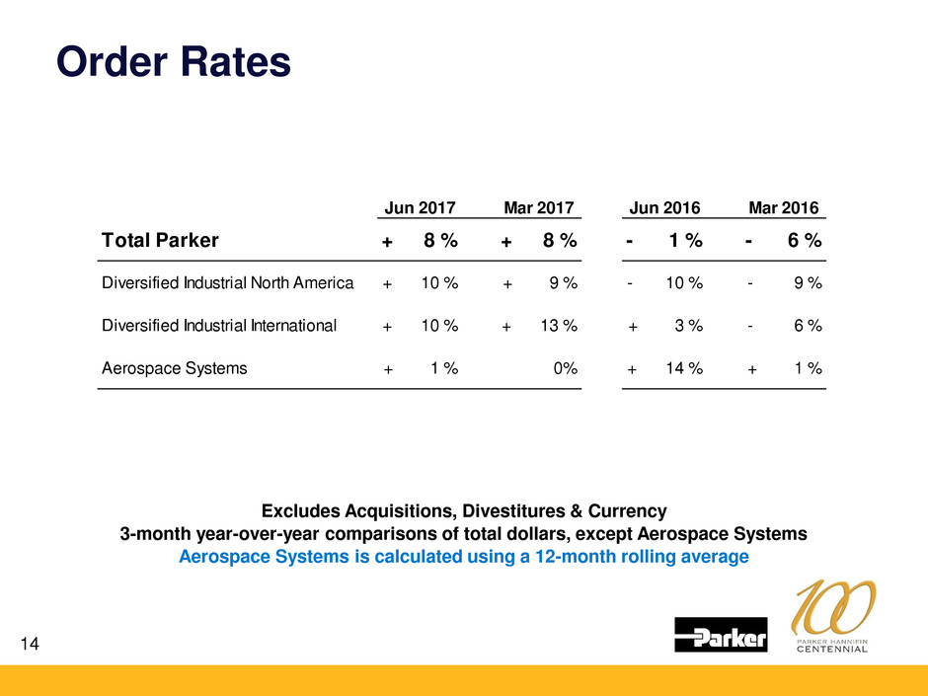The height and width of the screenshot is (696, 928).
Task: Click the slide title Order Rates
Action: point(174,61)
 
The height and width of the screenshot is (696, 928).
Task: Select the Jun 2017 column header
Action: point(419,208)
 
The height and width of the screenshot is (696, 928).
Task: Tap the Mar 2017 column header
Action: point(539,208)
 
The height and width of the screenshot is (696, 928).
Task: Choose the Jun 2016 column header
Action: point(664,208)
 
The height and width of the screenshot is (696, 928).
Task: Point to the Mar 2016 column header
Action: point(784,208)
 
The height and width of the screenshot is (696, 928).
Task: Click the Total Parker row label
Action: point(160,240)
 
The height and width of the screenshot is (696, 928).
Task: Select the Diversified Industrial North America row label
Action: point(227,284)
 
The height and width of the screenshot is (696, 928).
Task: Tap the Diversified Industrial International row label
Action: point(218,325)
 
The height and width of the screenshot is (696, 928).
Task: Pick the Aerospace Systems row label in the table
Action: point(174,368)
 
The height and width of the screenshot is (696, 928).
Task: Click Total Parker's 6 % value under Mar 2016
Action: point(805,241)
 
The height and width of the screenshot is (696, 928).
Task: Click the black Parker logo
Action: point(721,635)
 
